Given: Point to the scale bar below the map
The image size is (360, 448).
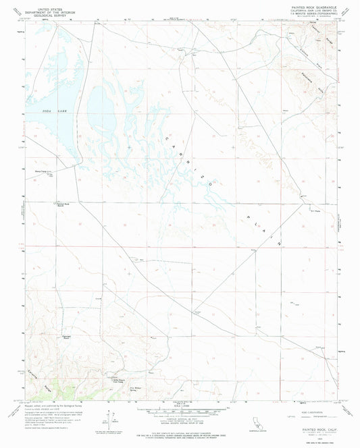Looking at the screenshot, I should (180, 412).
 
